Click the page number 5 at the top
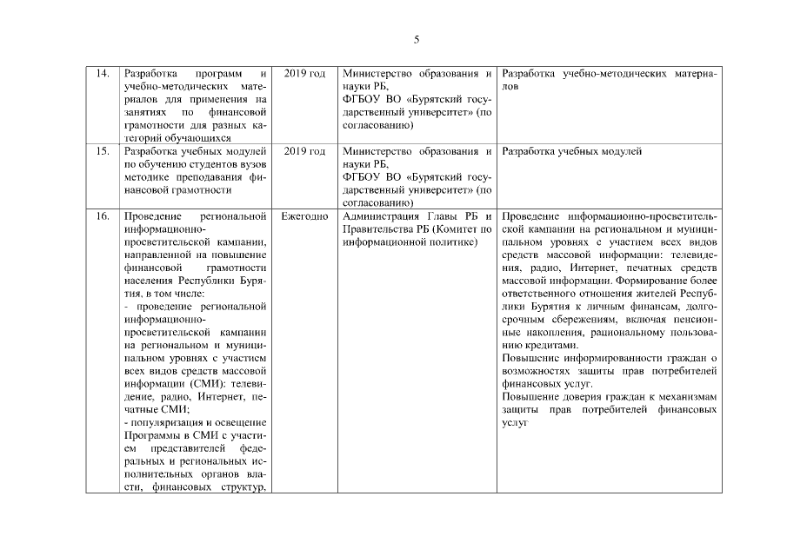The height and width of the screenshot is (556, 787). pos(417,40)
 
